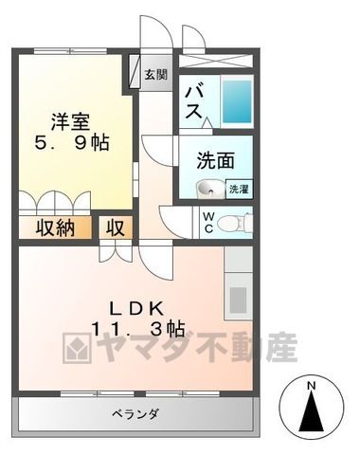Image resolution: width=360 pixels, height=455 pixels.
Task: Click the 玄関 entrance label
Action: (x=155, y=75)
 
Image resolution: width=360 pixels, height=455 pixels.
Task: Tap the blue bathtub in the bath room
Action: (x=237, y=100)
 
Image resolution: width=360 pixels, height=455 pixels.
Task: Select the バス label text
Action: (x=193, y=102)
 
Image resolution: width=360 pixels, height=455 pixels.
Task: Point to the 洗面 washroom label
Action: (x=216, y=160)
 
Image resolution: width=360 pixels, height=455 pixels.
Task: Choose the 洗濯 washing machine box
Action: (x=239, y=189)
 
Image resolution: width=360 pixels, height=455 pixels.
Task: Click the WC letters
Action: (x=208, y=223)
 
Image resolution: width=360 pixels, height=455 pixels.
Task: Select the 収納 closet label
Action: (x=55, y=227)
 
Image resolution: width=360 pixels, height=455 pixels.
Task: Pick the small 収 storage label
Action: (x=115, y=227)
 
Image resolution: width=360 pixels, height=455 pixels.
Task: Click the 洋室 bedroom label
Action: (x=71, y=122)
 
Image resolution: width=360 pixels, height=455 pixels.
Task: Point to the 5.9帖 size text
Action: (x=72, y=144)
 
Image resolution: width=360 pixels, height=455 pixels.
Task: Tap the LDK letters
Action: (x=136, y=308)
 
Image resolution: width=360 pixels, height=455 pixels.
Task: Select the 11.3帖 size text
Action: (x=138, y=329)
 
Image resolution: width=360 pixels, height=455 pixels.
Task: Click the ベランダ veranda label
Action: (x=135, y=413)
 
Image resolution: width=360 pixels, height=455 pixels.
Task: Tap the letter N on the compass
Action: (x=312, y=386)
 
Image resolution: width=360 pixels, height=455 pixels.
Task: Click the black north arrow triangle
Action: (x=312, y=411)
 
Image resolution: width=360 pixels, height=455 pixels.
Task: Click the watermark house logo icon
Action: (x=77, y=348)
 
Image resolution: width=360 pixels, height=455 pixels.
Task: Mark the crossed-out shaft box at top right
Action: (x=216, y=61)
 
